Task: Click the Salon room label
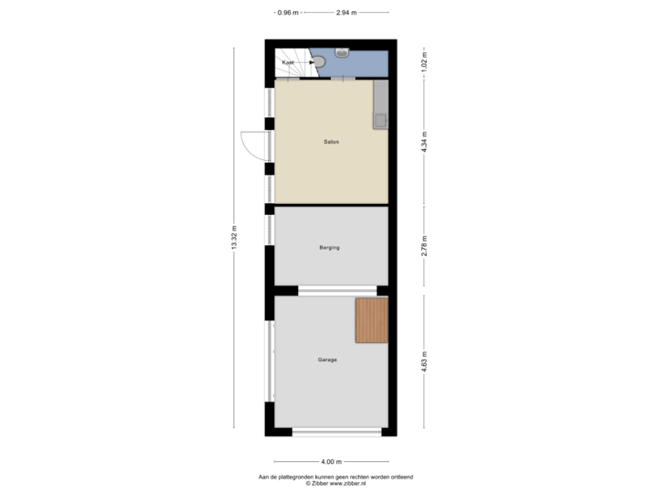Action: tap(331, 142)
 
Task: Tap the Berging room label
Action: tap(330, 248)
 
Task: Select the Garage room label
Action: tap(327, 360)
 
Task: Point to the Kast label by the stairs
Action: tap(288, 62)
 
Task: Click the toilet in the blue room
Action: tap(320, 61)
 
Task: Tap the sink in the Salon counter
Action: tap(379, 119)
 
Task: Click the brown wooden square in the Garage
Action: tap(372, 321)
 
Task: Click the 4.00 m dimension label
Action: tap(331, 461)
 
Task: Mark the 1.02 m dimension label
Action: tap(423, 62)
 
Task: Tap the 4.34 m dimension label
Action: tap(423, 142)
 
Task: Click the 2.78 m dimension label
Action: tap(423, 246)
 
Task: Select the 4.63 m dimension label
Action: tap(423, 358)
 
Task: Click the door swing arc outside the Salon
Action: tap(249, 145)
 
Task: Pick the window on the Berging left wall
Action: tap(269, 230)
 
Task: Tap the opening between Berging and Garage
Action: tap(331, 291)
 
